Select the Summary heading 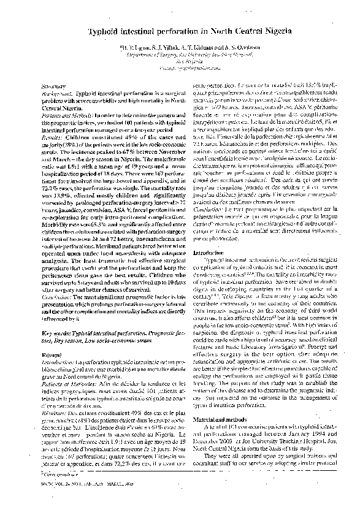tap(53, 87)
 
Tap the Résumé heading tap(51, 355)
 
